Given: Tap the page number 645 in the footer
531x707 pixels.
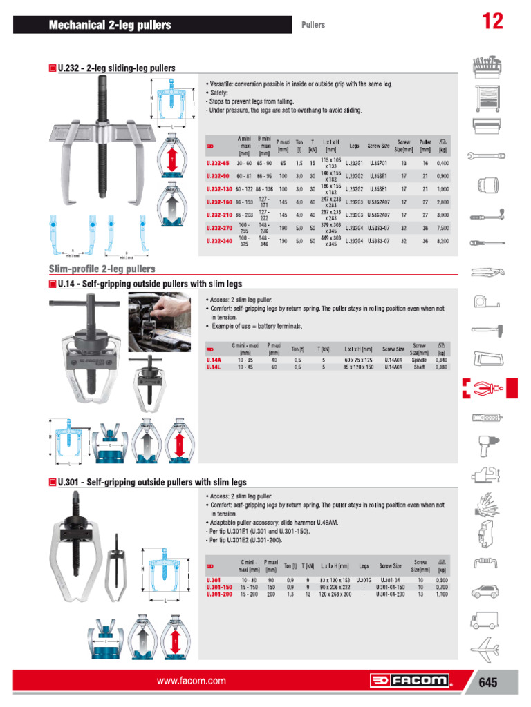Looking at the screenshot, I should point(487,682).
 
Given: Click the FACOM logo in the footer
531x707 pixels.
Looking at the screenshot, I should point(410,681).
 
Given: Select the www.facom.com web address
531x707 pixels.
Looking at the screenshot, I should point(192,681).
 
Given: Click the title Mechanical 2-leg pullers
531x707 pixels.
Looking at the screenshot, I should point(110,26).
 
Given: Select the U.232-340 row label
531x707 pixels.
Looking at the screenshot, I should point(221,240).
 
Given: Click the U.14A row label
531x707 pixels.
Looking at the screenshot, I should point(214,360).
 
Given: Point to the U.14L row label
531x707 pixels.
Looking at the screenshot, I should point(214,367).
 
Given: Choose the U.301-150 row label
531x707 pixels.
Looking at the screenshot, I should point(218,587).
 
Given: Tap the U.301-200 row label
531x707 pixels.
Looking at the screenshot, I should point(218,594).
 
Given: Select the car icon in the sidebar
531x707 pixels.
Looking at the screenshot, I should point(484,592).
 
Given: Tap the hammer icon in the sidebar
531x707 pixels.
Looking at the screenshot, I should point(484,329).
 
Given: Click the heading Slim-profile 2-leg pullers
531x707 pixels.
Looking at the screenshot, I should point(102,269).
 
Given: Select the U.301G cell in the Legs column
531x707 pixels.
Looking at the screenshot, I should point(364,580).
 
